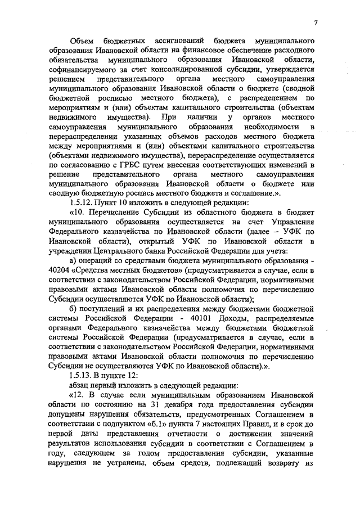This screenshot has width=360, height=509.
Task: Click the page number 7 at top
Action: pyautogui.click(x=316, y=22)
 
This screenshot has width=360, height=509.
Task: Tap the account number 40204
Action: pyautogui.click(x=55, y=272)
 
